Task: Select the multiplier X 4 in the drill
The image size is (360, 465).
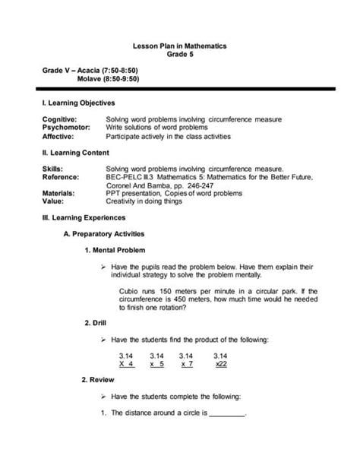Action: click(x=127, y=364)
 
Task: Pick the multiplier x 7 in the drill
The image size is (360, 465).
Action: click(x=187, y=364)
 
